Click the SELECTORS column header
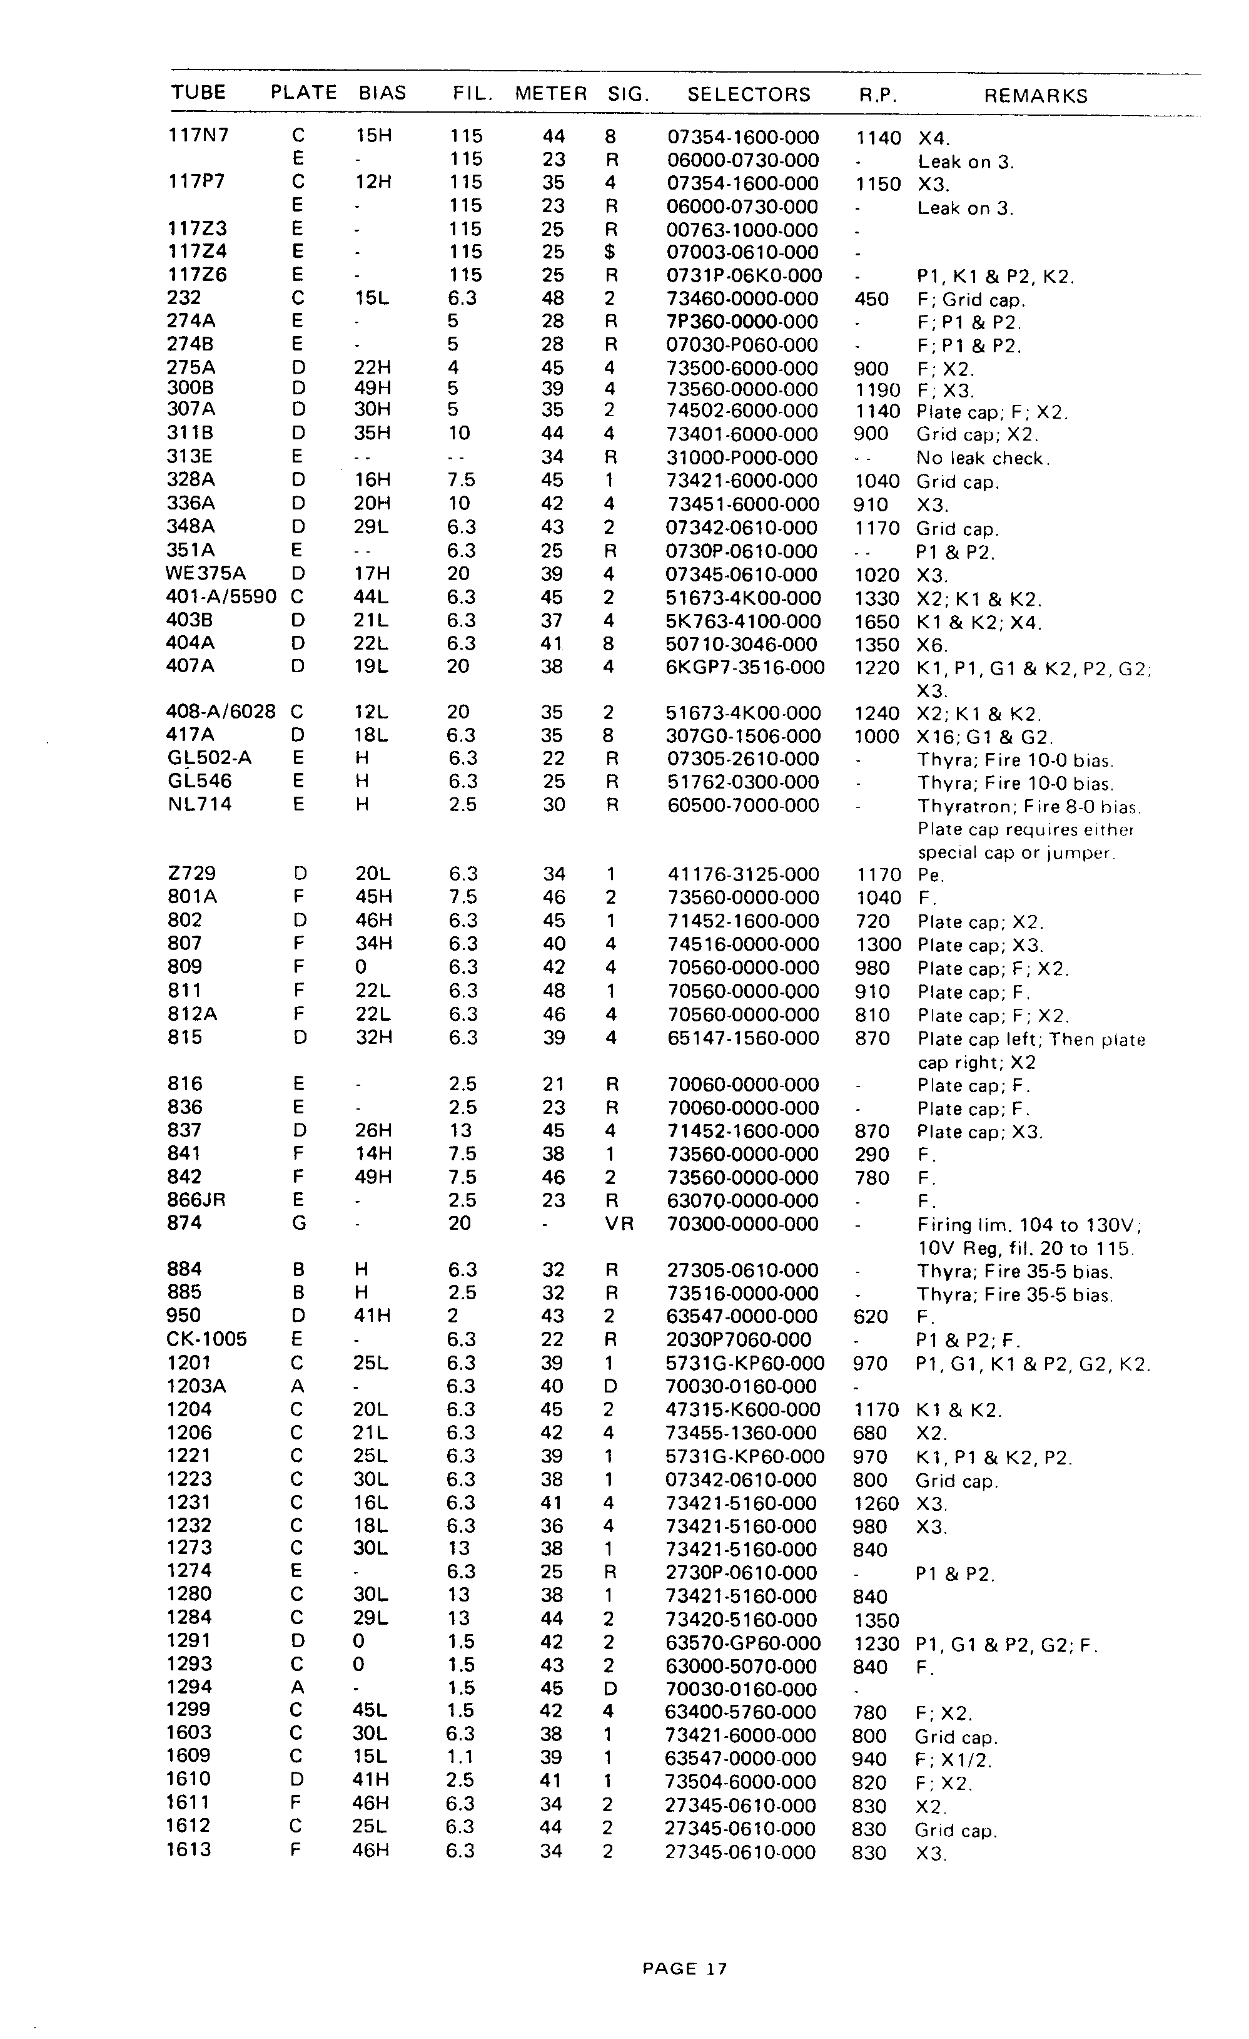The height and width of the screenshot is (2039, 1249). click(749, 95)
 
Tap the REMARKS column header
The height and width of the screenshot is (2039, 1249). click(1036, 96)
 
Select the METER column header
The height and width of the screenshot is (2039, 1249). click(551, 93)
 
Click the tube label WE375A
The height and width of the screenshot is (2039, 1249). click(206, 573)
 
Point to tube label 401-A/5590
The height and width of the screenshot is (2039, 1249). click(221, 596)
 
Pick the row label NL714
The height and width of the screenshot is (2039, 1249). click(200, 804)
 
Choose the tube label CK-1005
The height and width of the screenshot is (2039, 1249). click(207, 1339)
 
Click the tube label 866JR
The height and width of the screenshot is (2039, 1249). click(196, 1200)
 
